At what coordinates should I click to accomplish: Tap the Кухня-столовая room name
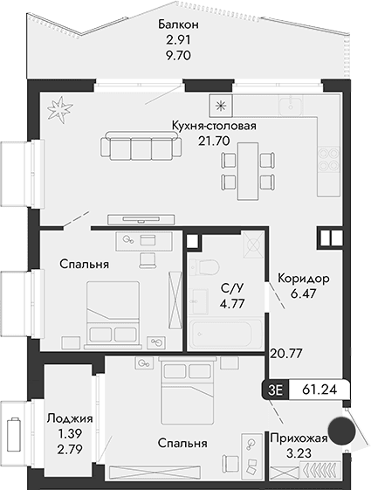215,125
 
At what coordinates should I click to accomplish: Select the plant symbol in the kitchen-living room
60,107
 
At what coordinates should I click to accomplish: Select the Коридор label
302,279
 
